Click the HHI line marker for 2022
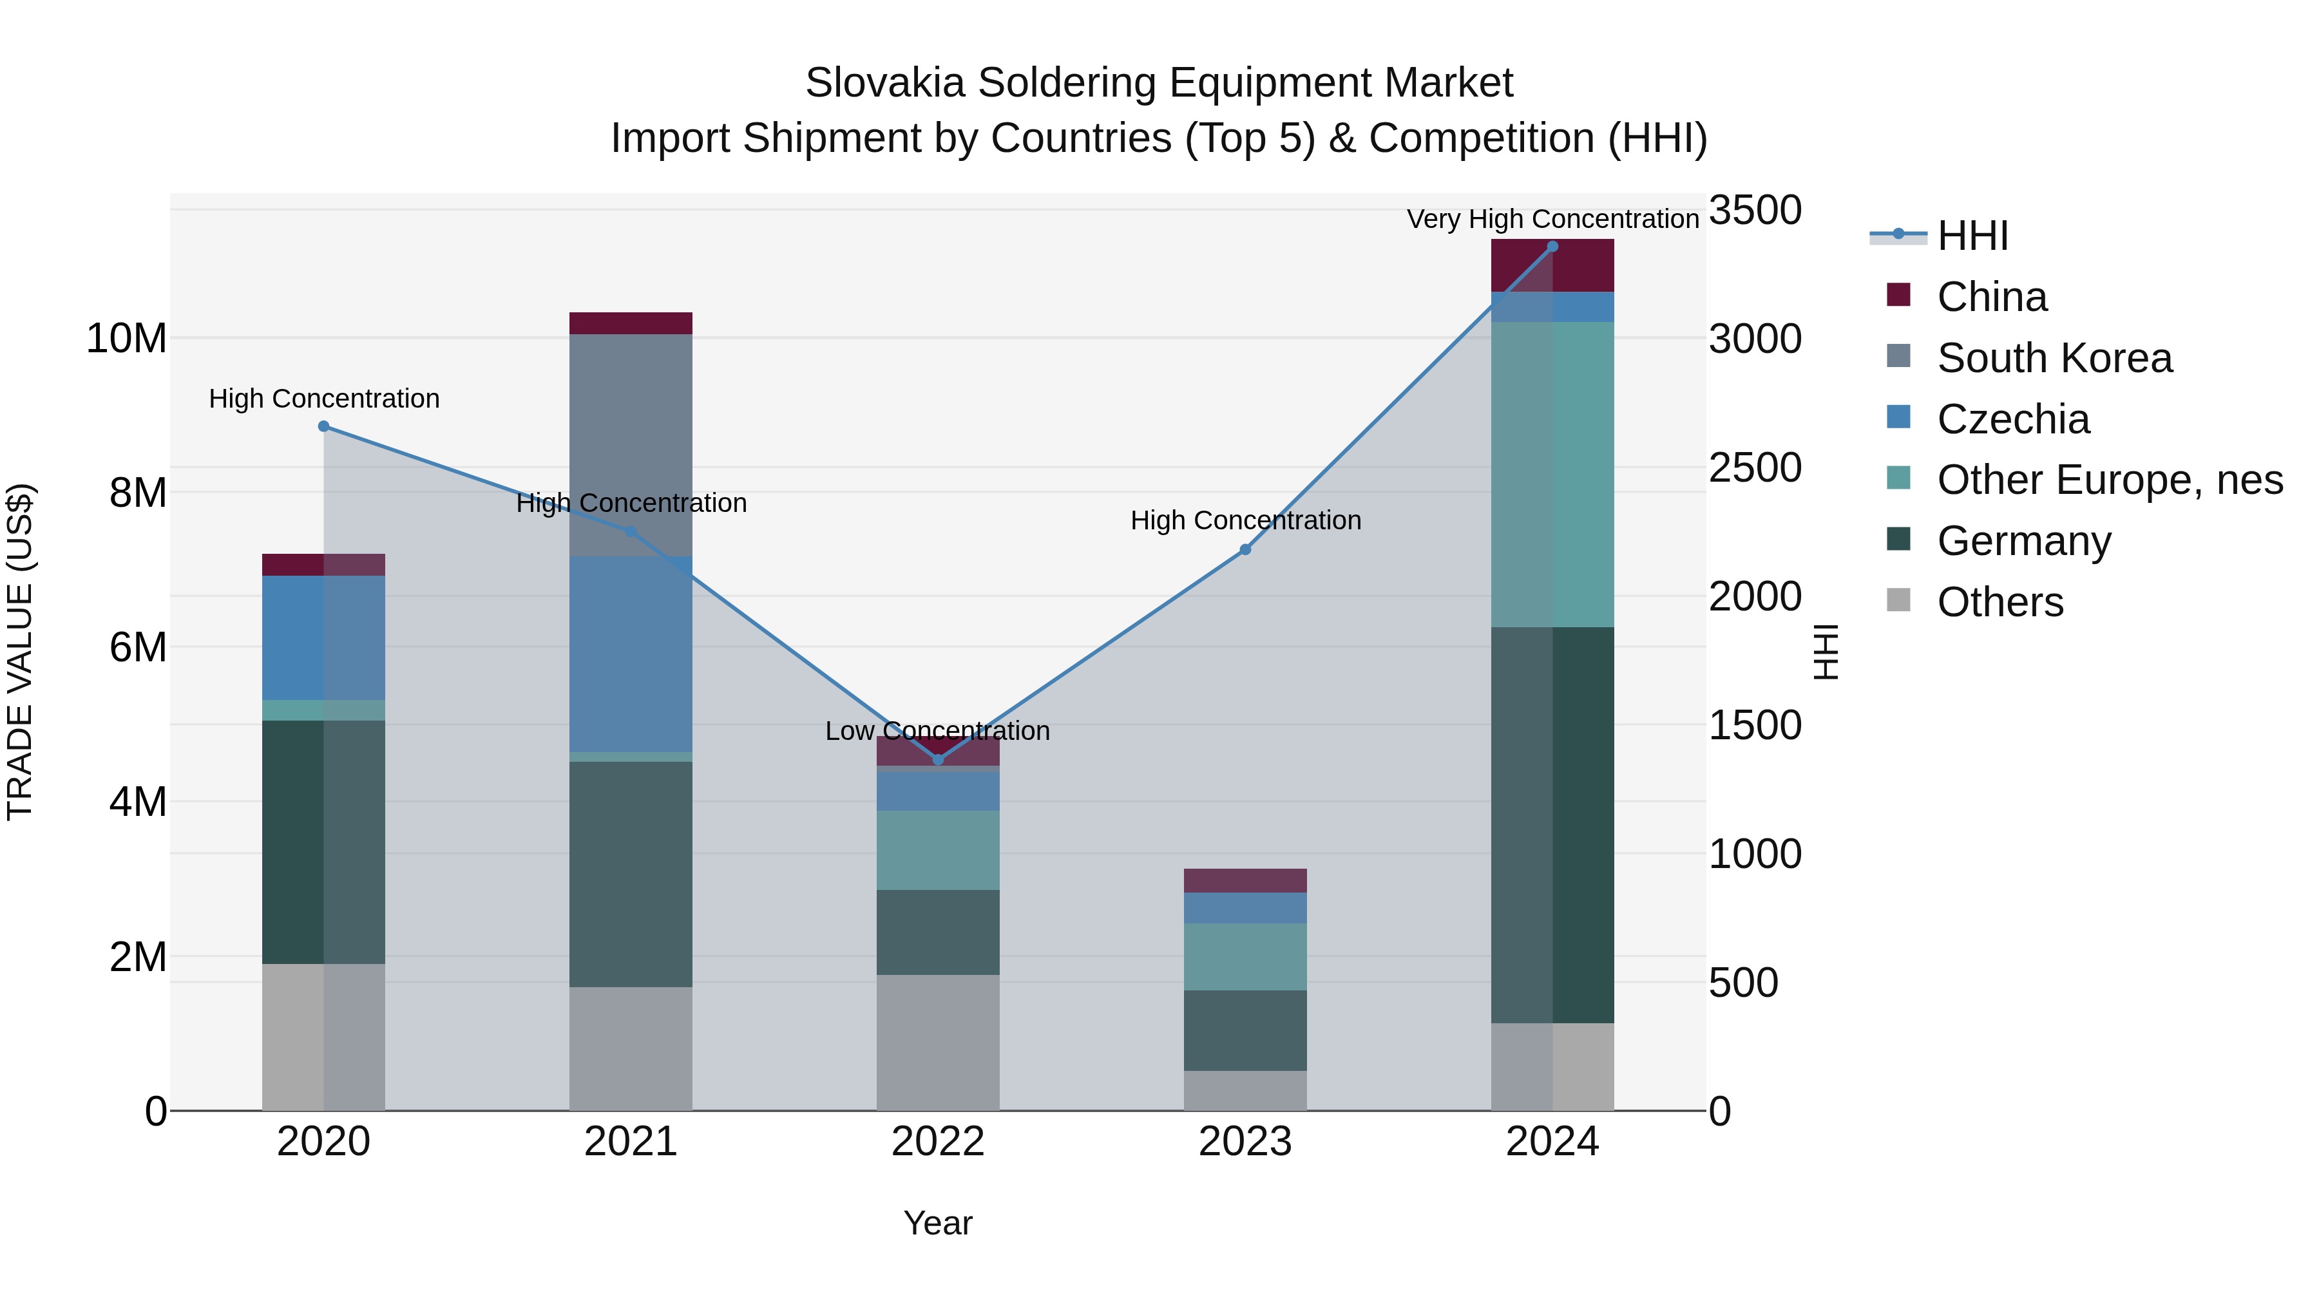pos(938,760)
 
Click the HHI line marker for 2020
pos(324,426)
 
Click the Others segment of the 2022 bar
pos(938,1042)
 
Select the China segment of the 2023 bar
pos(1245,880)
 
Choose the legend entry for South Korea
pos(2054,358)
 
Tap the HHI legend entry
pos(1972,236)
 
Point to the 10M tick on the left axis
pos(126,338)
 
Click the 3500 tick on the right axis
pos(1755,211)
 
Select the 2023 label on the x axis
pos(1245,1142)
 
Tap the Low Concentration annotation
pos(937,731)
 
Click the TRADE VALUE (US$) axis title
pos(20,652)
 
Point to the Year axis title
pos(937,1223)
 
